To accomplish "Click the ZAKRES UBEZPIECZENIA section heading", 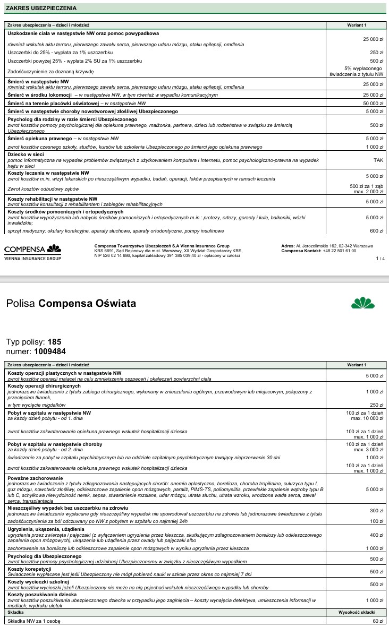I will (x=40, y=8).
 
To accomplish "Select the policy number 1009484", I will (x=50, y=351).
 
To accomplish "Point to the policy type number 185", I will (x=55, y=342).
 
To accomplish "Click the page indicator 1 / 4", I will (x=379, y=259).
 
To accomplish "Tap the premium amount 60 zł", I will (x=378, y=621).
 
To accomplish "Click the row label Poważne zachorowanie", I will (x=33, y=478).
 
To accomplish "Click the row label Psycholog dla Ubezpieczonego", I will (x=44, y=556).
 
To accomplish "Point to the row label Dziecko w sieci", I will (x=26, y=154).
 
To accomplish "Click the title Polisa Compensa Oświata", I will (x=71, y=304).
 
